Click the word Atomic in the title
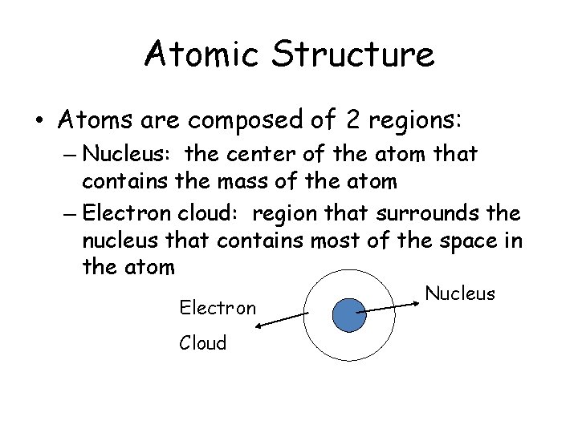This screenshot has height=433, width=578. (x=201, y=55)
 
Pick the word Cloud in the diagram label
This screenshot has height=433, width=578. (x=203, y=342)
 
